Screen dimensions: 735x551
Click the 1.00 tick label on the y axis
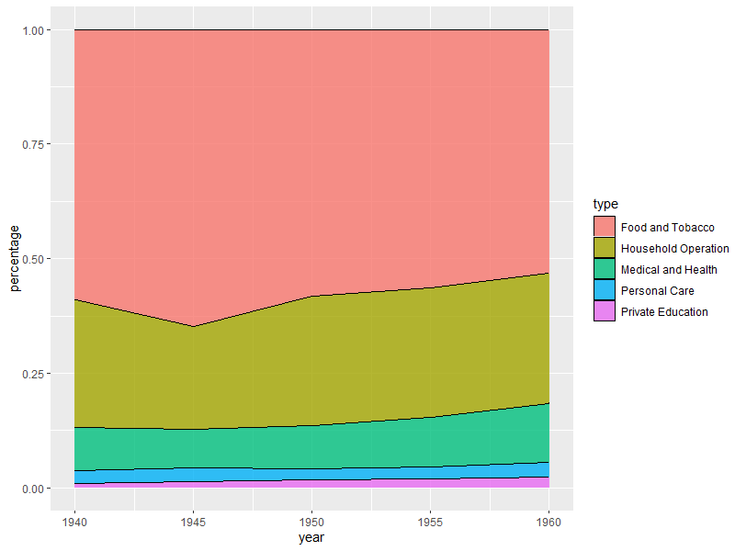(33, 30)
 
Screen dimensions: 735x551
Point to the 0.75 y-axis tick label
(33, 145)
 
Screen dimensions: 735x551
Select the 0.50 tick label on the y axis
(33, 259)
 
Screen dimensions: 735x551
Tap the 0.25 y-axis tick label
(33, 374)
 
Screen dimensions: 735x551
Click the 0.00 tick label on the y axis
(33, 489)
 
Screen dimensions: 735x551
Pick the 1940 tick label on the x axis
(74, 522)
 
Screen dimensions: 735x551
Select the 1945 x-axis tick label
(193, 522)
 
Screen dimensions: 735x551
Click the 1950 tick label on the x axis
(311, 522)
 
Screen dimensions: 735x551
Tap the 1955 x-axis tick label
(430, 522)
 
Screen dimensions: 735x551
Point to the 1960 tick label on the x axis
(548, 522)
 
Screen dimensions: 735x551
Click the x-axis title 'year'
(311, 538)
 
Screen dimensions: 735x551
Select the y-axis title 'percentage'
(15, 259)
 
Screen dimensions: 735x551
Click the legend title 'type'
(605, 204)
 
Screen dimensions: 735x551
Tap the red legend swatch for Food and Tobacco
(605, 227)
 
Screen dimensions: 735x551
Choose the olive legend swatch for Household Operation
(605, 248)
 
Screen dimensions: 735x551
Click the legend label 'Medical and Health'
(669, 270)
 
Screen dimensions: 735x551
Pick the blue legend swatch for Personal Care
(605, 290)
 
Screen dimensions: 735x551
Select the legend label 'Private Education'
(664, 312)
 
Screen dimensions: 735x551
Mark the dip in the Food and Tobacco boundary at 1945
(193, 326)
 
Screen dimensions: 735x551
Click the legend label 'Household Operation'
(675, 249)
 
